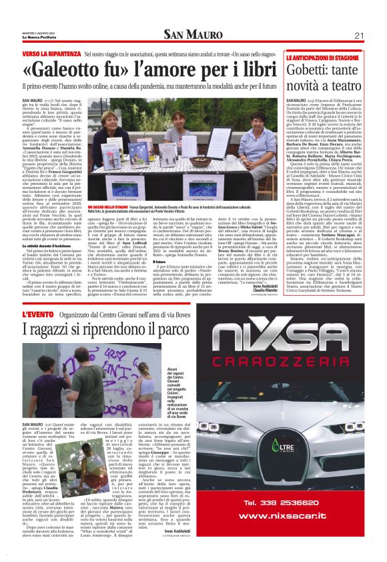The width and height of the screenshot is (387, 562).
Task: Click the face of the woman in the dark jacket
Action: coord(241,118)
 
